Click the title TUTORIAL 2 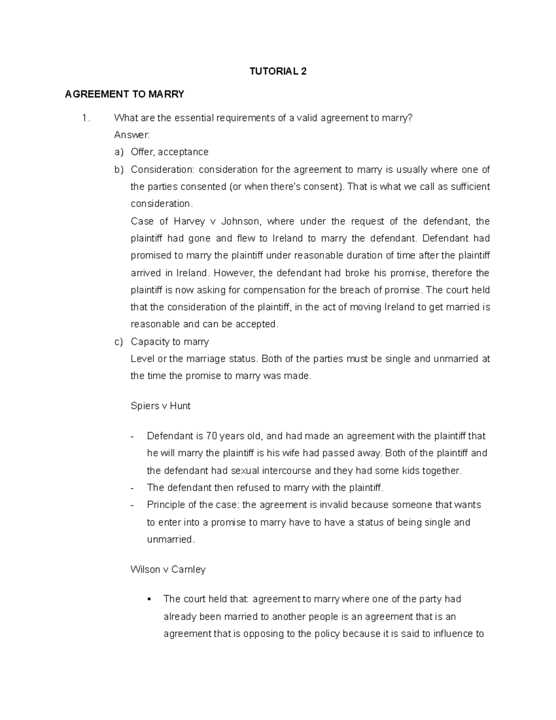tap(278, 71)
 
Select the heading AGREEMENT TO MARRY tap(125, 95)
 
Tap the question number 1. tap(84, 118)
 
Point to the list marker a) tap(119, 152)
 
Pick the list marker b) tap(119, 170)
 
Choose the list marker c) tap(119, 342)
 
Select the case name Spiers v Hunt tap(160, 406)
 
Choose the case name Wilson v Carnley tap(168, 570)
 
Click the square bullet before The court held tap(149, 599)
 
